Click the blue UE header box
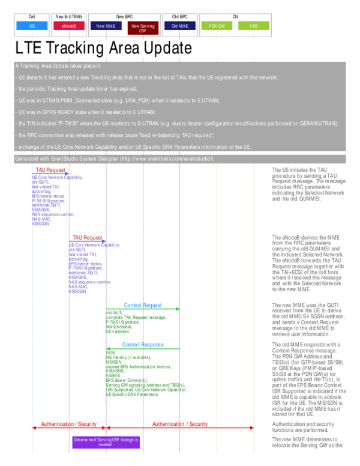coord(32,26)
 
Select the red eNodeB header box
coord(69,26)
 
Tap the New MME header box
coord(106,26)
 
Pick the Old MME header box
coord(180,26)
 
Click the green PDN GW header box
coord(217,26)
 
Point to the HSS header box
coord(254,26)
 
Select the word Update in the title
coord(161,48)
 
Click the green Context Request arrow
coord(143,309)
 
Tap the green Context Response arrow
coord(143,349)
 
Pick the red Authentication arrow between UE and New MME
coord(69,428)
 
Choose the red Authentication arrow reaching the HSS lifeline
coord(180,428)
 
